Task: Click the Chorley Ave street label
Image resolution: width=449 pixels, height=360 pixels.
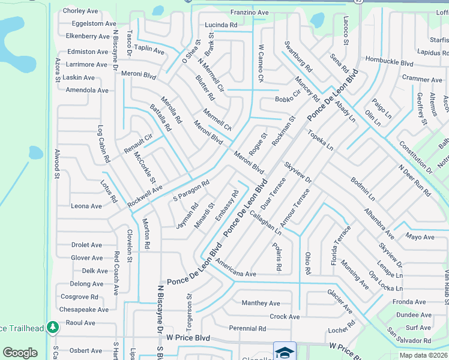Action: click(x=80, y=11)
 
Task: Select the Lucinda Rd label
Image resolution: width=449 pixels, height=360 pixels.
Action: click(x=221, y=25)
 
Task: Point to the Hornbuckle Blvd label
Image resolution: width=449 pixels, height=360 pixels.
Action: click(x=390, y=62)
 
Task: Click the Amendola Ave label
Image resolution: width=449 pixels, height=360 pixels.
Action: click(x=87, y=90)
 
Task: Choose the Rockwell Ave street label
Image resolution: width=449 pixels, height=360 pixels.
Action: click(x=145, y=197)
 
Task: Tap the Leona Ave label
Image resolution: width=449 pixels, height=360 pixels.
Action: click(x=86, y=206)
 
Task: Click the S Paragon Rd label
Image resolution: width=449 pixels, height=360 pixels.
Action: click(x=191, y=190)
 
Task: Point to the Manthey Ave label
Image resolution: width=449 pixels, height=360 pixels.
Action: click(x=261, y=303)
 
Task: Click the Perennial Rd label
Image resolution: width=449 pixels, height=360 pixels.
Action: click(x=247, y=328)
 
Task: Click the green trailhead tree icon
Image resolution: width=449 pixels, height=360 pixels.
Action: click(x=53, y=327)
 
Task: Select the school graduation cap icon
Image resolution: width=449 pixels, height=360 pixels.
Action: click(x=285, y=351)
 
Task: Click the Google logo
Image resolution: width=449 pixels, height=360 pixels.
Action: click(x=20, y=353)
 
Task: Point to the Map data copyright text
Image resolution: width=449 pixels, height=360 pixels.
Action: click(x=423, y=355)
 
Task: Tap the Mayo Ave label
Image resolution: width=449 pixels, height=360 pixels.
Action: click(x=420, y=237)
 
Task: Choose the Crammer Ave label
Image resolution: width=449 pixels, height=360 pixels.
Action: click(x=422, y=79)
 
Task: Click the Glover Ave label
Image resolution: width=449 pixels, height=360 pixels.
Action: click(x=86, y=258)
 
